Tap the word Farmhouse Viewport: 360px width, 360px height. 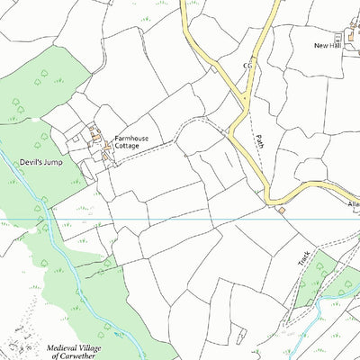click(130, 139)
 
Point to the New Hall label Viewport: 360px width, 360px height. click(327, 45)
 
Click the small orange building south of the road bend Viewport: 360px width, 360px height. click(281, 210)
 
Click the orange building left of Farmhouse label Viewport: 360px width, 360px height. click(107, 144)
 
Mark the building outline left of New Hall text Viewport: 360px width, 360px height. click(338, 39)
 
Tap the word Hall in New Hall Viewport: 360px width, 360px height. click(334, 45)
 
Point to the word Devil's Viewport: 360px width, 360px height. click(28, 163)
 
